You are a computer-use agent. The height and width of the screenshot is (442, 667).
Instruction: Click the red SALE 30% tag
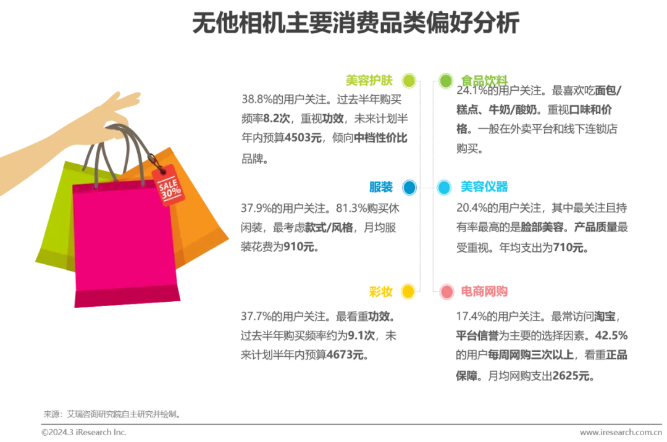point(169,185)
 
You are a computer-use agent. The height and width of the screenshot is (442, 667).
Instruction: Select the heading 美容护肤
point(369,80)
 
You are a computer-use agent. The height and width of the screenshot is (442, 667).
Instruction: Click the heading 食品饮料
point(484,80)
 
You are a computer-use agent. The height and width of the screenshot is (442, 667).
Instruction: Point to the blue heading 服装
point(380,187)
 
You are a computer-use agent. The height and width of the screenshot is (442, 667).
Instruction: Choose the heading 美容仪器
point(484,186)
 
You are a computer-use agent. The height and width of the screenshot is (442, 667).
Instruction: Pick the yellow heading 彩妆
point(380,291)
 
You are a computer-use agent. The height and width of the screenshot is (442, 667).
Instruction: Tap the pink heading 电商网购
point(484,291)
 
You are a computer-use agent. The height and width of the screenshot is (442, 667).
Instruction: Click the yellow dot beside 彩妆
point(408,291)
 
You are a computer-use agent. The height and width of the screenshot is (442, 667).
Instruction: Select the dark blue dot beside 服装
point(409,188)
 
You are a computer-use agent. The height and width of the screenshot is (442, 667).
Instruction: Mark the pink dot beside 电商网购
point(447,292)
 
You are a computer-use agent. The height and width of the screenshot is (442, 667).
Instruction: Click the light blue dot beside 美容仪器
point(444,188)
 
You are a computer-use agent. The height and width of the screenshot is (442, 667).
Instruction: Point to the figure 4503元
point(303,138)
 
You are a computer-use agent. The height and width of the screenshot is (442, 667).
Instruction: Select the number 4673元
point(345,354)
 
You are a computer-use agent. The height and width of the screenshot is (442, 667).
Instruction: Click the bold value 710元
point(568,247)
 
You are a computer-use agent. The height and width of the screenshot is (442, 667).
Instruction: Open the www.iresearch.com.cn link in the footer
point(621,432)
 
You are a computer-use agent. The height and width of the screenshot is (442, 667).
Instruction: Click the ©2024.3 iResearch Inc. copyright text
point(84,432)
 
